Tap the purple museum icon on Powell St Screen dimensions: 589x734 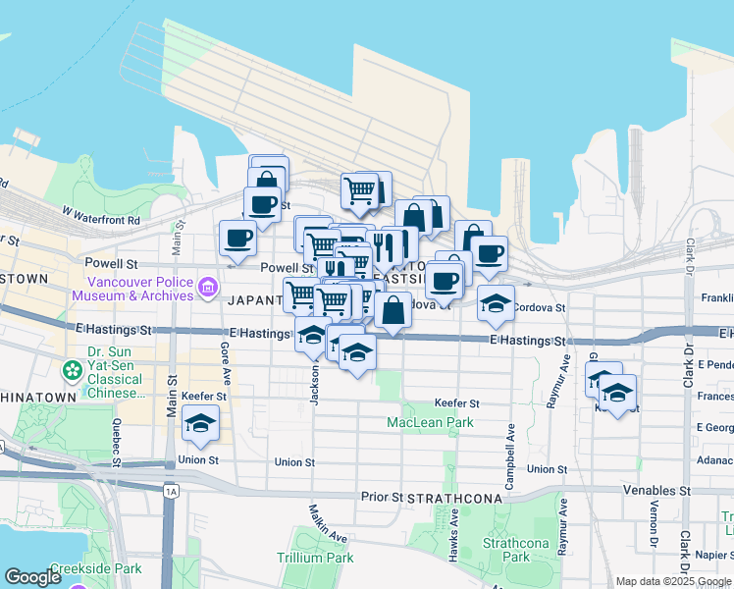point(207,288)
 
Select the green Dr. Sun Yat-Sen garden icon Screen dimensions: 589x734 point(72,370)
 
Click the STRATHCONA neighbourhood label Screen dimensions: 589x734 point(455,498)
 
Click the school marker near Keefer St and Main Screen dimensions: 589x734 point(201,423)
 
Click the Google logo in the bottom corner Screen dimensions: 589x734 point(32,578)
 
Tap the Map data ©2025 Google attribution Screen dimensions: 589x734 point(672,581)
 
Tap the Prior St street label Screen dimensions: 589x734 point(383,497)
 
